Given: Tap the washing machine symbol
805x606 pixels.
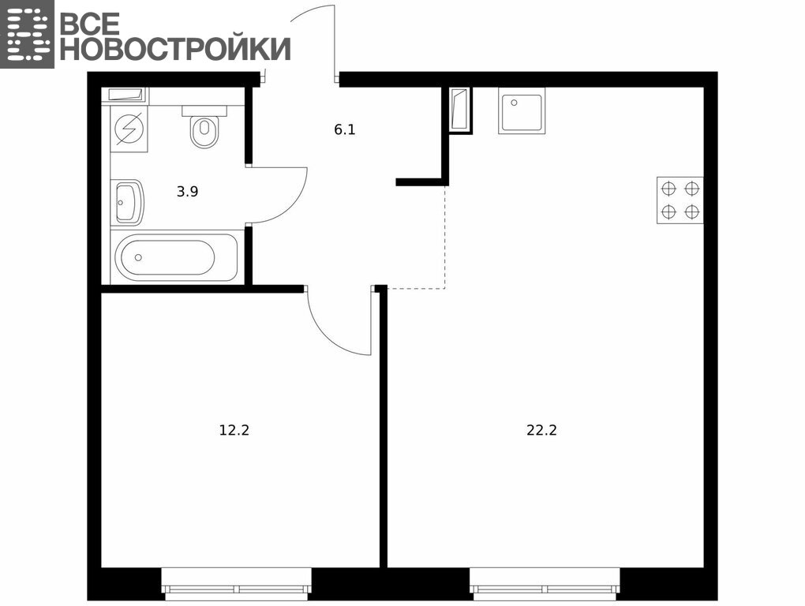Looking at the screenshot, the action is click(x=129, y=129).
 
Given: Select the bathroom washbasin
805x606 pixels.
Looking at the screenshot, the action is click(x=127, y=202).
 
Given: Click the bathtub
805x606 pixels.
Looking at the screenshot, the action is click(x=174, y=257).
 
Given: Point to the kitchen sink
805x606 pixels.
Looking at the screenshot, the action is click(x=522, y=110).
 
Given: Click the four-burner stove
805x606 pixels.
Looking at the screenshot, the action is click(x=680, y=200).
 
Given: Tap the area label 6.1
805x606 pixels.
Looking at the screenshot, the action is click(x=344, y=130).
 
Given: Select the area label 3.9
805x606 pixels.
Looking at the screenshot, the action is click(x=187, y=192).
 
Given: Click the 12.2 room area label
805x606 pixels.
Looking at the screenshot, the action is click(x=234, y=430).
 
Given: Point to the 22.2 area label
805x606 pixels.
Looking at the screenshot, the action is click(x=541, y=430).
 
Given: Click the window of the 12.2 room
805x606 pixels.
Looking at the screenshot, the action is click(x=237, y=584).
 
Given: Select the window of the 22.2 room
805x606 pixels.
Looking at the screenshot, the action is click(x=545, y=584).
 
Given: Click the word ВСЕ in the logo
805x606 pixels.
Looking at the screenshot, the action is click(x=90, y=23).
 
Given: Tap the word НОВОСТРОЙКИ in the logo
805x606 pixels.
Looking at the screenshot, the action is click(x=175, y=49).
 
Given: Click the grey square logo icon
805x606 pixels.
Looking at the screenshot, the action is click(x=27, y=34).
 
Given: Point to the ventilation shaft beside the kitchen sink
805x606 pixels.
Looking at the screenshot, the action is click(x=459, y=110).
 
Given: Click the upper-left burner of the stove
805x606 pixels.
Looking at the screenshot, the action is click(x=668, y=189).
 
